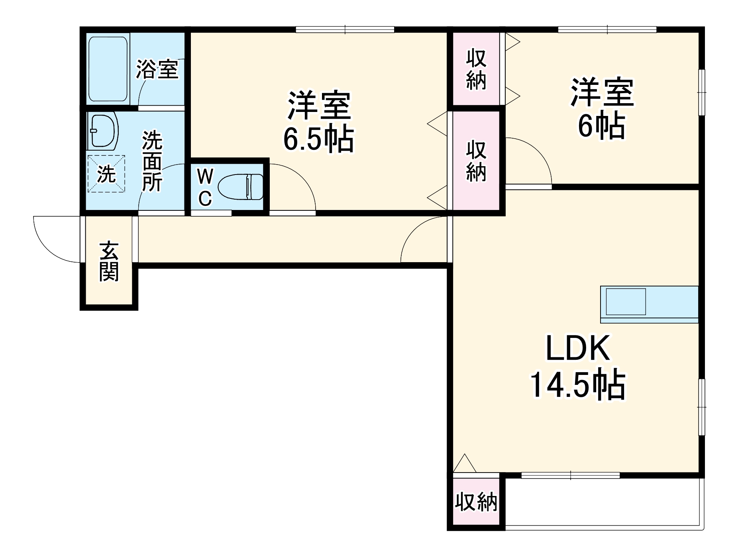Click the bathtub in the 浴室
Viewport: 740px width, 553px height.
108,69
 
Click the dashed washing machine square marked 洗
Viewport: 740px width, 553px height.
106,174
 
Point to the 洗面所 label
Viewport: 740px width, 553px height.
153,161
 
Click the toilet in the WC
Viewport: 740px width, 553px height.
241,186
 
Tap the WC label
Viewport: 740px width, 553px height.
205,187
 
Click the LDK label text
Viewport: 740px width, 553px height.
577,348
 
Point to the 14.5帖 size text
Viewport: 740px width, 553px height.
577,385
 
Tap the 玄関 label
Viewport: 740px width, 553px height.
109,261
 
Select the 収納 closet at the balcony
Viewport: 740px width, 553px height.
476,502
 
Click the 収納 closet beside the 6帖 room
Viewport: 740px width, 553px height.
476,69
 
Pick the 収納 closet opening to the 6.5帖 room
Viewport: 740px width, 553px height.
476,160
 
